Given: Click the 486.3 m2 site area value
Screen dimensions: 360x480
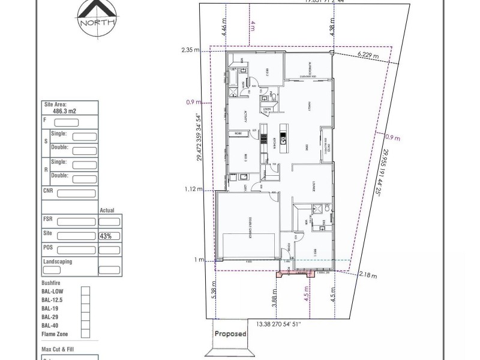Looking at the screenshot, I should coord(64,111).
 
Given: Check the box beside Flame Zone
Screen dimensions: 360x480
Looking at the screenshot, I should coord(85,334).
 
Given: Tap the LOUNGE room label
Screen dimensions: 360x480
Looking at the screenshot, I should coord(306,185).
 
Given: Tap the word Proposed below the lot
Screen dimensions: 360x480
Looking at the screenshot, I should coord(231,334).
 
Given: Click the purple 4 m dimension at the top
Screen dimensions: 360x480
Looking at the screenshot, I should coord(253,26).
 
